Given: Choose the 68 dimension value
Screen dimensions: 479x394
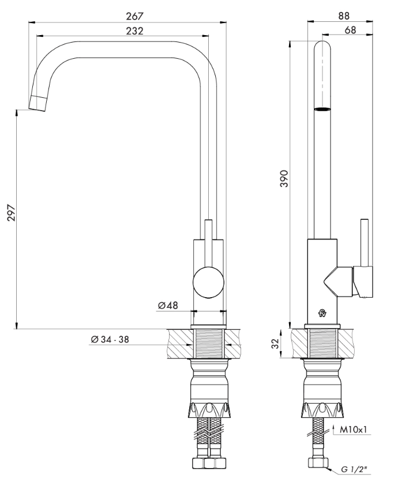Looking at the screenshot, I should [x=350, y=31].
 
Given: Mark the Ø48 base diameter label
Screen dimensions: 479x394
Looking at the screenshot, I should [x=168, y=306].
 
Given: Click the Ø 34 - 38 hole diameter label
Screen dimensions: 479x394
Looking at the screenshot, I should [x=110, y=340].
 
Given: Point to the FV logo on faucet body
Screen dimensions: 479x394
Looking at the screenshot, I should [x=321, y=314].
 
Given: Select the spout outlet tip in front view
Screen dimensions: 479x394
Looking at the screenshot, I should [x=37, y=103].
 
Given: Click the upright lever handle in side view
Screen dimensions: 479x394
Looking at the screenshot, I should [x=364, y=242].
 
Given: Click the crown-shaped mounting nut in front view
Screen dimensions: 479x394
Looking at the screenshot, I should [x=209, y=410].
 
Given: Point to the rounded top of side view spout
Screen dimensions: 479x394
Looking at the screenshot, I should [x=322, y=47].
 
